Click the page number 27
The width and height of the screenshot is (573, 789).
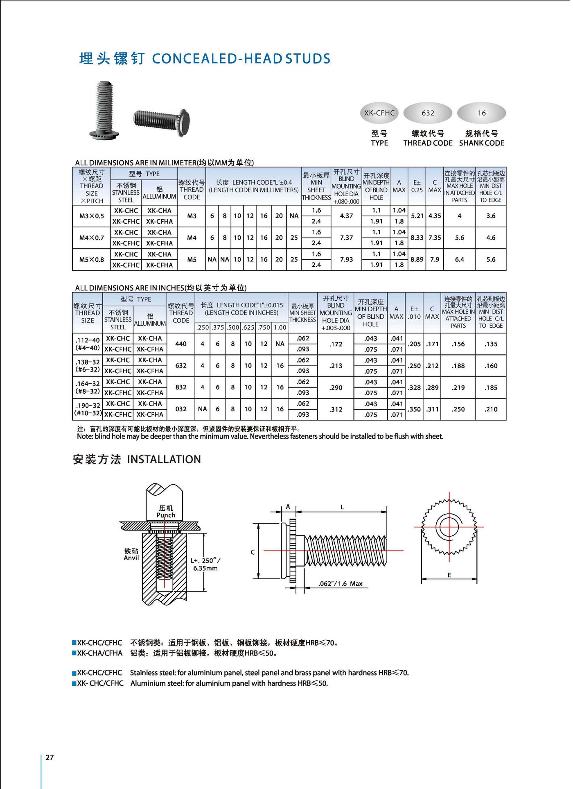pyautogui.click(x=50, y=757)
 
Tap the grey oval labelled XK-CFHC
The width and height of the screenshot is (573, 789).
pyautogui.click(x=379, y=113)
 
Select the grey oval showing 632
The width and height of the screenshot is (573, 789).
pyautogui.click(x=428, y=113)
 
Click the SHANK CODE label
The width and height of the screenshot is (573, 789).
pyautogui.click(x=481, y=143)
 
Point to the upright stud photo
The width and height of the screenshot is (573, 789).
pyautogui.click(x=104, y=109)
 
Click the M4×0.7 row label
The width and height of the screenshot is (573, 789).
pyautogui.click(x=92, y=238)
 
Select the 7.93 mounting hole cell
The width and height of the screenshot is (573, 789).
pyautogui.click(x=346, y=259)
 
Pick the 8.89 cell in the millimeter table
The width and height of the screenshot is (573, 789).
pyautogui.click(x=417, y=259)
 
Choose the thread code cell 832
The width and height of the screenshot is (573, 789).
pyautogui.click(x=181, y=387)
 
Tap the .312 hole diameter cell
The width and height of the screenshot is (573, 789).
pyautogui.click(x=336, y=409)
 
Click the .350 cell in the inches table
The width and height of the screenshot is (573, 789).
pyautogui.click(x=414, y=409)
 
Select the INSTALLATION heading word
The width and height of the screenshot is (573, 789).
pyautogui.click(x=164, y=459)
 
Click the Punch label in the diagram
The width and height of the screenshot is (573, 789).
pyautogui.click(x=166, y=515)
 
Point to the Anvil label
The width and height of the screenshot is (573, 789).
pyautogui.click(x=131, y=558)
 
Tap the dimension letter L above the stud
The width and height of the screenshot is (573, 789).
pyautogui.click(x=342, y=507)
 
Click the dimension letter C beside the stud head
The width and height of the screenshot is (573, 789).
pyautogui.click(x=253, y=552)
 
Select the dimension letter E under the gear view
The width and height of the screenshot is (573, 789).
pyautogui.click(x=449, y=575)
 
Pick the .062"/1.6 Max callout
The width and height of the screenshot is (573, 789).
pyautogui.click(x=341, y=583)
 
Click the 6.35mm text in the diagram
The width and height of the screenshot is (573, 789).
pyautogui.click(x=205, y=568)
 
